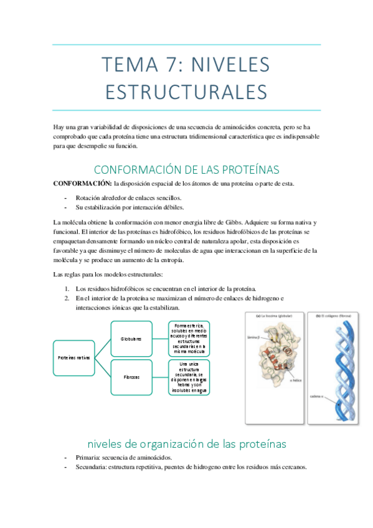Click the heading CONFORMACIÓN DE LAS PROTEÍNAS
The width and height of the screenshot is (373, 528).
(x=186, y=169)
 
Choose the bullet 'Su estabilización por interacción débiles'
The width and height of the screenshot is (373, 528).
(x=130, y=207)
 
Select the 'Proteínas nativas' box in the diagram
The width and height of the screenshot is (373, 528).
(x=74, y=358)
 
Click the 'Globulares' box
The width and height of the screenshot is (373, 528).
(x=131, y=339)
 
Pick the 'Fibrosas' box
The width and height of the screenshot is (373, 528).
(x=131, y=377)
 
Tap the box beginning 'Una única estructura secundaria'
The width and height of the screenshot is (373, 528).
(x=189, y=377)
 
